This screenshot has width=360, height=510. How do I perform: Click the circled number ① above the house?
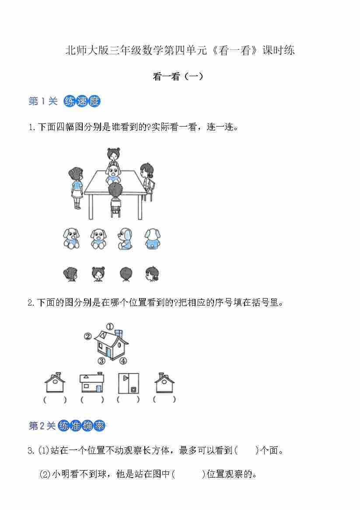(110, 326)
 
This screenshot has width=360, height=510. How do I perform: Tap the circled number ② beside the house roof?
(88, 336)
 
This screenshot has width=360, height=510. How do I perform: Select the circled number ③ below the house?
(102, 361)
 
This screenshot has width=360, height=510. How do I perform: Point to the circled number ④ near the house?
(123, 361)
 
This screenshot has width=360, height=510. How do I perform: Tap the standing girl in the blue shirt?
(76, 188)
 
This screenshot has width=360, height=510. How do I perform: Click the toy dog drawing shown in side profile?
(125, 239)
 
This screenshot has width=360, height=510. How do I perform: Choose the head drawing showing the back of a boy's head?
(126, 274)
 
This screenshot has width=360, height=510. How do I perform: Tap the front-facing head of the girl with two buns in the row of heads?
(98, 274)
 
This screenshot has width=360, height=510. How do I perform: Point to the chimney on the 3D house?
(119, 334)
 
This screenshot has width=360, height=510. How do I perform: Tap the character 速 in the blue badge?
(82, 101)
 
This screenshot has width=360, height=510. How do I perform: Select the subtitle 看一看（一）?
(178, 77)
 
